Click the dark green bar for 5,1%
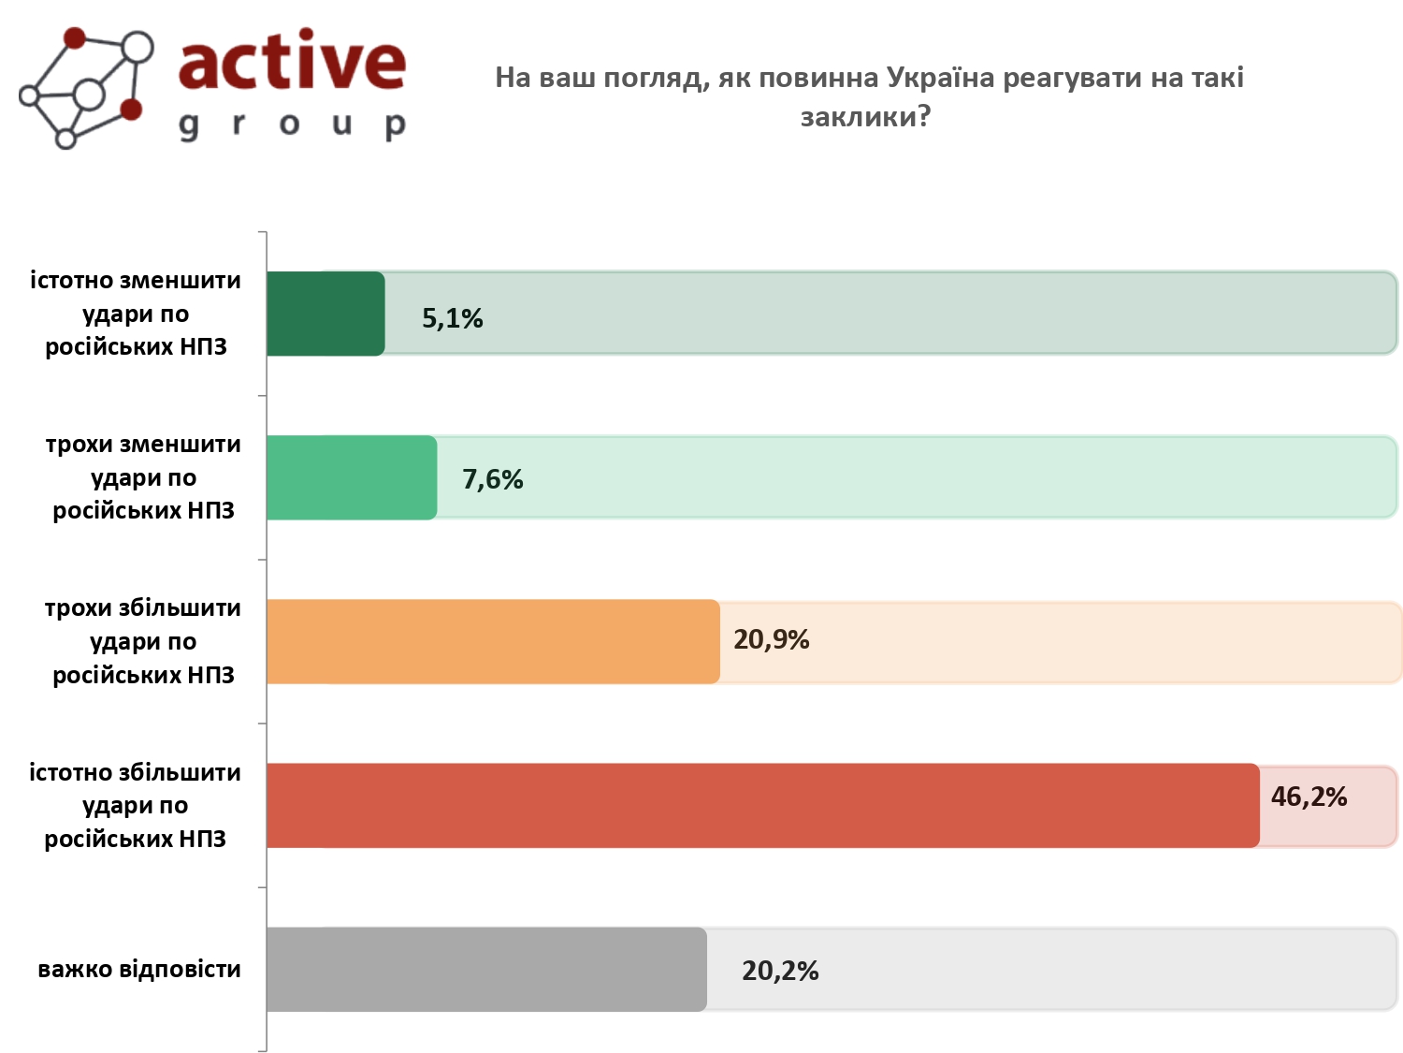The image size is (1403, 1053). coord(325,314)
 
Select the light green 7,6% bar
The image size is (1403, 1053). coord(352,477)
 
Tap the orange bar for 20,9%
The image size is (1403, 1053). coord(493,641)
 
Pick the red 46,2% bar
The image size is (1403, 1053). coord(762,805)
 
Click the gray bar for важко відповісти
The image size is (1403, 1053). coord(486,969)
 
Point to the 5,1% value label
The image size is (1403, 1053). coord(452,318)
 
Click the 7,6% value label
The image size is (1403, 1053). coord(492,479)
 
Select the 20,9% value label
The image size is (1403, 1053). coord(771,639)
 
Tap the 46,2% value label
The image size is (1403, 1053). coord(1309,797)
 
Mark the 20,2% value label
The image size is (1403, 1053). coord(780,971)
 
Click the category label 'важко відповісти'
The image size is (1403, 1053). coord(139,969)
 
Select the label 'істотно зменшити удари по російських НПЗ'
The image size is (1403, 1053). coord(136,314)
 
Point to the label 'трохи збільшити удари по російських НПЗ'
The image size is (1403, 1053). coord(142,641)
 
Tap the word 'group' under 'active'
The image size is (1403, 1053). coord(292,124)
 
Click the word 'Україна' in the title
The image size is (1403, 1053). coord(940,78)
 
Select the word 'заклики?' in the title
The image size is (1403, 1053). coord(865,117)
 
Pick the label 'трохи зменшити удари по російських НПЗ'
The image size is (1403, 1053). coord(142,477)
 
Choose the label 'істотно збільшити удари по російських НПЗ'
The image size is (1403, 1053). coord(136,805)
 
